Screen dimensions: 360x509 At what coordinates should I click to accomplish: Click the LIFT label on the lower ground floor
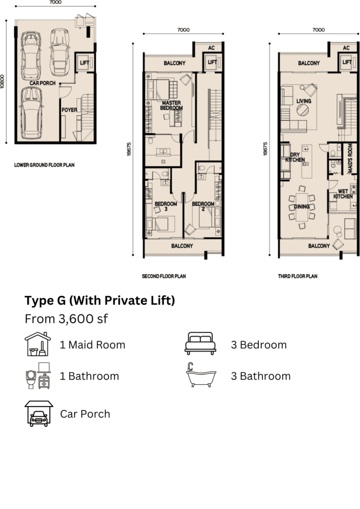tap(85, 63)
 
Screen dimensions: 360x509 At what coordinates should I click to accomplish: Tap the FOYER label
tap(70, 110)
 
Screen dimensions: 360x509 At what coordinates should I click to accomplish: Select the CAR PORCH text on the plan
tap(43, 83)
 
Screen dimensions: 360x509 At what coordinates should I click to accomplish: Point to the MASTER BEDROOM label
tap(172, 105)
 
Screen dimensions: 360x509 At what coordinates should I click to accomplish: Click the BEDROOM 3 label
tap(166, 206)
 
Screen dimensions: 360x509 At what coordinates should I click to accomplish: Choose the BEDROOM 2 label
tap(203, 206)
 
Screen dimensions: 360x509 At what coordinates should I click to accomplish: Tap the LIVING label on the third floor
tap(304, 101)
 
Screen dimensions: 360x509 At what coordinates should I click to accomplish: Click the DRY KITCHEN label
tap(295, 157)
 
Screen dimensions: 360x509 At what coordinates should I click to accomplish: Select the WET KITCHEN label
tap(343, 194)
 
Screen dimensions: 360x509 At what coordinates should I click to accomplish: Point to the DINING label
tap(301, 206)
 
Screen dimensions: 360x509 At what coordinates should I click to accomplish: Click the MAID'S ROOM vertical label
tap(350, 158)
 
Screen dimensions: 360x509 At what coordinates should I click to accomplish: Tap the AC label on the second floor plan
tap(211, 48)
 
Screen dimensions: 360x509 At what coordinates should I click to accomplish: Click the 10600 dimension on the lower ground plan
tap(2, 82)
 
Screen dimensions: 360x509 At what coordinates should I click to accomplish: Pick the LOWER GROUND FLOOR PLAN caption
tap(44, 165)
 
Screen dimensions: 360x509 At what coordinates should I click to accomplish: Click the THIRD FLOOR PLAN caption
tap(298, 276)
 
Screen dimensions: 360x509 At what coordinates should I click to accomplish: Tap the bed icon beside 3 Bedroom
tap(200, 343)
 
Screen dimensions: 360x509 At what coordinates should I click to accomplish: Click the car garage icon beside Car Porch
tap(39, 414)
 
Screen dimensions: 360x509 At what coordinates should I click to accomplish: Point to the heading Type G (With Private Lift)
tap(99, 301)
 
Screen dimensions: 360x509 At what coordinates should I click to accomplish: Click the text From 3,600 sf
tap(66, 319)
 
